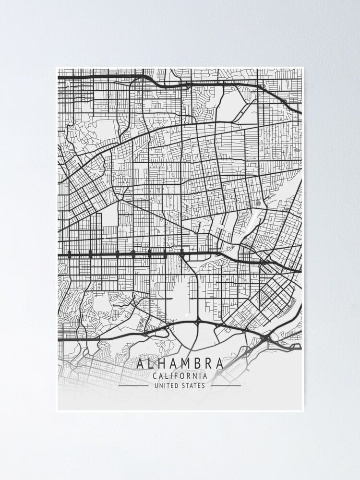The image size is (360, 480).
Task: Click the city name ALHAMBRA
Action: (x=180, y=363)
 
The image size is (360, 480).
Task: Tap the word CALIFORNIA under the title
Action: (x=180, y=376)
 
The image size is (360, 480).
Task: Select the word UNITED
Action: (x=166, y=385)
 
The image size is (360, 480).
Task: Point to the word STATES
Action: (x=194, y=385)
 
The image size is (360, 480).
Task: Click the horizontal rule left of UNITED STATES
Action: (x=133, y=385)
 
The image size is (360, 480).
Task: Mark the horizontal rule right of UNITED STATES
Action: (x=226, y=385)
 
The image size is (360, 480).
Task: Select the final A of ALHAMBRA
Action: (x=219, y=363)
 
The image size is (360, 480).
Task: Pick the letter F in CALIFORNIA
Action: (x=176, y=376)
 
